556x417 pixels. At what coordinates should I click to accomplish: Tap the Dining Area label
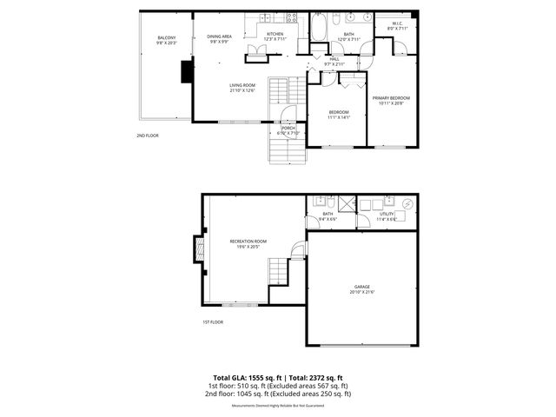(219, 38)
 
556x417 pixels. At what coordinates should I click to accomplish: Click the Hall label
(334, 61)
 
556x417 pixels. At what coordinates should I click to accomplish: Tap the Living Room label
(242, 89)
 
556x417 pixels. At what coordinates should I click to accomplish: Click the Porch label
(288, 130)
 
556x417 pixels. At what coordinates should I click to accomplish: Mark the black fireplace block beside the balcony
(186, 74)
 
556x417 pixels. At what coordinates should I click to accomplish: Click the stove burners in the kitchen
(292, 17)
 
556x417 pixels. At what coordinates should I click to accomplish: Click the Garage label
(361, 288)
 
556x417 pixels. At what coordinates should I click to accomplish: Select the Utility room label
(387, 215)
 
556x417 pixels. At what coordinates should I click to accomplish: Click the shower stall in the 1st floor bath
(347, 205)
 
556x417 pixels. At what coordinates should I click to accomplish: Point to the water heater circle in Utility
(405, 205)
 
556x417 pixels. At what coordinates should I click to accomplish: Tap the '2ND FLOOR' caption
(148, 136)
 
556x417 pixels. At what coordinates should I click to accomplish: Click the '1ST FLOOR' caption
(213, 321)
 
